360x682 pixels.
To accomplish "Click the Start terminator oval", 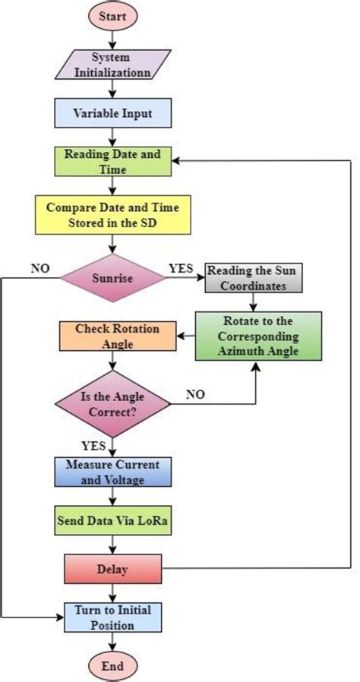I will point(112,16).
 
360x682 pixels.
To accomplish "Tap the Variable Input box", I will point(112,113).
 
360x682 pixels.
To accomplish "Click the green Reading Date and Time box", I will point(112,161).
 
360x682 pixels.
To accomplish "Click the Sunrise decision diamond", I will point(112,278).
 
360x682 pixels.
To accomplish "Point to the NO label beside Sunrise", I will point(40,268).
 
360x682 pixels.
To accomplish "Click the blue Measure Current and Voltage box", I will point(112,472).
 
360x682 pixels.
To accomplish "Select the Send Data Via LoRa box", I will point(112,522).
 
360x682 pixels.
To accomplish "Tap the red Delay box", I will point(112,568).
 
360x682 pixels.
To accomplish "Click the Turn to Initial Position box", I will point(112,617).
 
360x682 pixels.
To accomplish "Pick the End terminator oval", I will point(112,665).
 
